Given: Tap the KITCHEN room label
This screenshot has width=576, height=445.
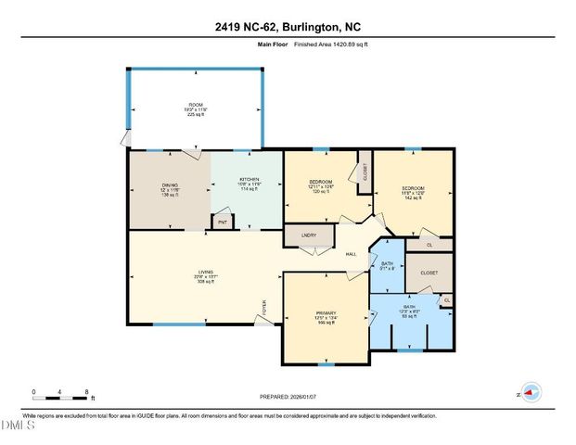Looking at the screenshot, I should [x=249, y=179].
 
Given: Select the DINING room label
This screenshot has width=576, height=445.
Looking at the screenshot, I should [x=169, y=186].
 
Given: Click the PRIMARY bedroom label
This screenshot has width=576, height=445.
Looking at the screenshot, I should [x=326, y=312].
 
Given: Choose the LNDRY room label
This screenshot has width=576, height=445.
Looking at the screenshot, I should [x=310, y=236].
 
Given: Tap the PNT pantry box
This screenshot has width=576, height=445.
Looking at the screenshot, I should [x=223, y=222].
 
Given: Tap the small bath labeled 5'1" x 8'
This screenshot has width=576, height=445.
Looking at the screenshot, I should [x=387, y=264].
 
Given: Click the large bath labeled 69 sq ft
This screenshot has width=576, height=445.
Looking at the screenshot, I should [x=408, y=307].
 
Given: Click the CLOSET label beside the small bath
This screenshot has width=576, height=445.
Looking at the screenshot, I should [x=429, y=273].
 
